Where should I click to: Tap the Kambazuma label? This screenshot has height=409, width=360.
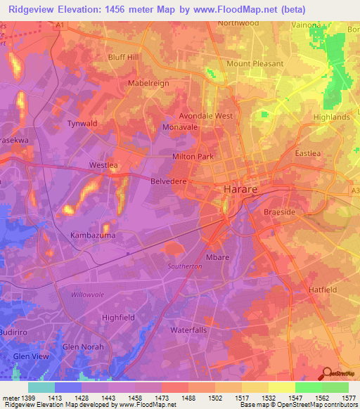click(x=92, y=235)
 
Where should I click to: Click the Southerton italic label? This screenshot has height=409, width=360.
click(x=185, y=267)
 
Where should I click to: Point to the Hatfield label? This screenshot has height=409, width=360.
click(x=323, y=290)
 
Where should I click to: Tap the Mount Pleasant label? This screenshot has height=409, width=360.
click(x=255, y=63)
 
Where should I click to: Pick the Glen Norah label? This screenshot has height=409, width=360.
click(x=83, y=347)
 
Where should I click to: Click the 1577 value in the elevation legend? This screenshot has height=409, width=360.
click(x=349, y=398)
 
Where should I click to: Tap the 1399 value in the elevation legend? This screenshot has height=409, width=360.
click(x=28, y=398)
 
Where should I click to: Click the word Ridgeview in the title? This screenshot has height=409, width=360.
click(x=34, y=9)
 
